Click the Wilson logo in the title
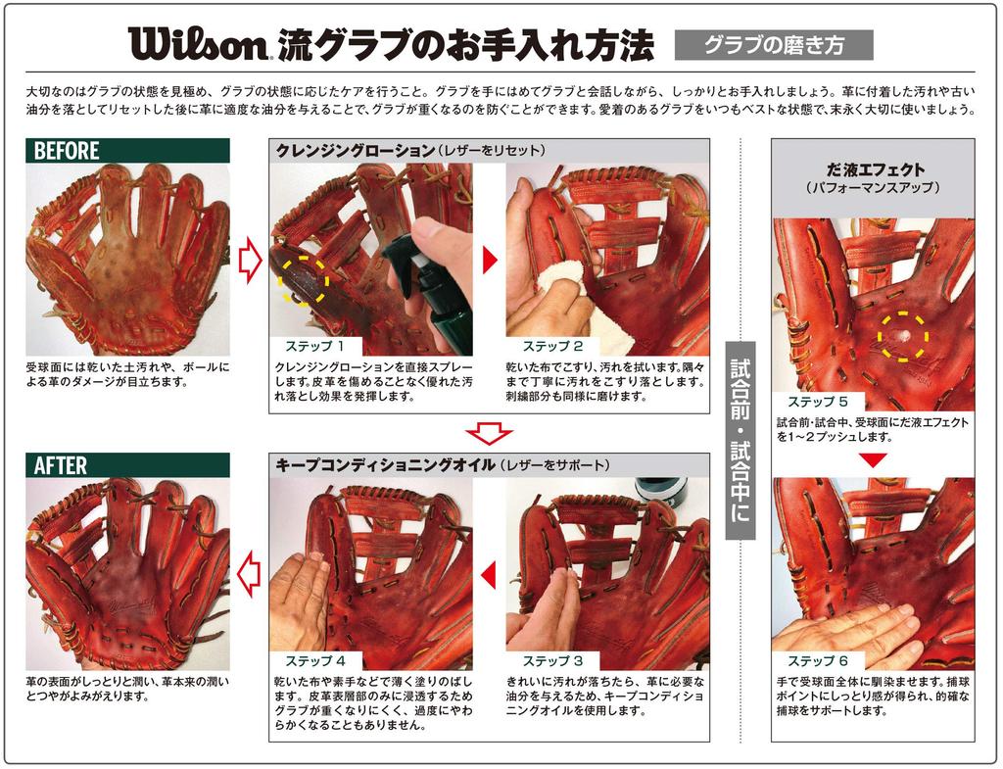[x=197, y=43]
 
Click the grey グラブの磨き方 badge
[x=774, y=45]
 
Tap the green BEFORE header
[x=127, y=151]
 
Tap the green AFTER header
[x=127, y=465]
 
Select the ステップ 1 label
[x=314, y=347]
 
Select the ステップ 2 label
[x=552, y=347]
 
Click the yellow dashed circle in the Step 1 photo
[x=304, y=280]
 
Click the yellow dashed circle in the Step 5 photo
[x=902, y=335]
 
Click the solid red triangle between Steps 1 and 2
[x=491, y=259]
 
